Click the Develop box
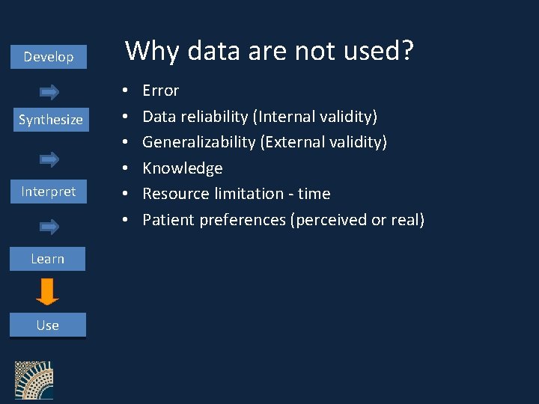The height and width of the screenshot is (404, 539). pyautogui.click(x=49, y=57)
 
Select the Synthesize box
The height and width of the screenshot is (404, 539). pyautogui.click(x=50, y=120)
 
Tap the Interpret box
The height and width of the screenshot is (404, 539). pyautogui.click(x=48, y=192)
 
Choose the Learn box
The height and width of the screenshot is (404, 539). pyautogui.click(x=47, y=259)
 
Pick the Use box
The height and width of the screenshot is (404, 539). pyautogui.click(x=47, y=325)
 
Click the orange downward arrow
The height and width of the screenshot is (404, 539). pyautogui.click(x=47, y=292)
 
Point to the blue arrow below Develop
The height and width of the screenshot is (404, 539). pyautogui.click(x=49, y=92)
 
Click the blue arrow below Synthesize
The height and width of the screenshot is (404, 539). pyautogui.click(x=49, y=159)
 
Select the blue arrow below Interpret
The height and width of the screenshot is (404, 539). pyautogui.click(x=49, y=225)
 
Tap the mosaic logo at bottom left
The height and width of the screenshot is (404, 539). pyautogui.click(x=34, y=381)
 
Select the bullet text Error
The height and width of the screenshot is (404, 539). pyautogui.click(x=161, y=91)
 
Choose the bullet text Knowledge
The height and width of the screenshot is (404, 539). pyautogui.click(x=183, y=168)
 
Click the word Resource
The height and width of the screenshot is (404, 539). pyautogui.click(x=174, y=194)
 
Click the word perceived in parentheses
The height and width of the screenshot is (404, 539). pyautogui.click(x=330, y=220)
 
